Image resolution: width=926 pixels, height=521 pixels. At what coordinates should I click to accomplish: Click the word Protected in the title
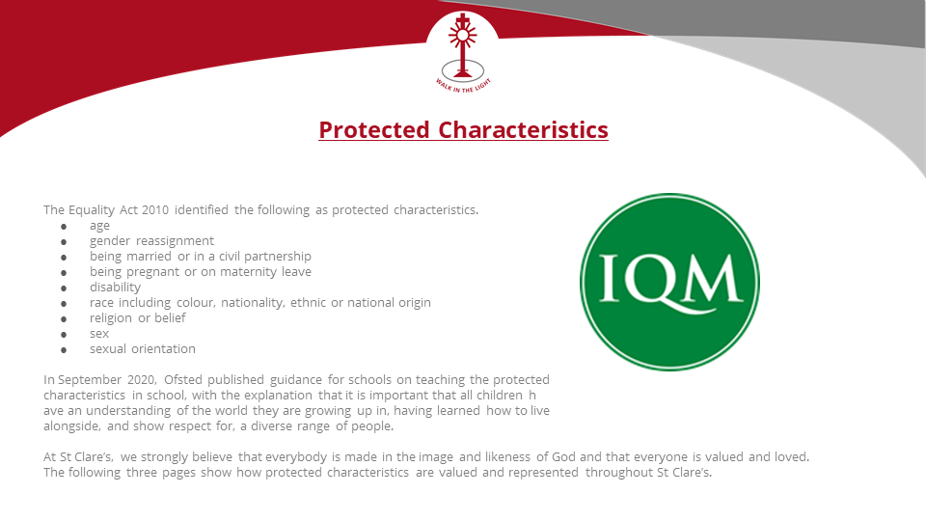374,130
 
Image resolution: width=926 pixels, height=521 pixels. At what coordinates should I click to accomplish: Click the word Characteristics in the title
523,130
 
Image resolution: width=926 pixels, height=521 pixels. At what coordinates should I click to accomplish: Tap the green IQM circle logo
669,283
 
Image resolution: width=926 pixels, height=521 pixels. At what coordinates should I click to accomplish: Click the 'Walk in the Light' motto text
463,86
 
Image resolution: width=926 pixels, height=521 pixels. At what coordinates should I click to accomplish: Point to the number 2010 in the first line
155,209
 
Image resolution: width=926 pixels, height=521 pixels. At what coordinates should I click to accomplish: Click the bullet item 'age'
99,226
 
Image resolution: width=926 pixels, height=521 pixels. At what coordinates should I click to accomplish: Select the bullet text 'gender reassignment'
151,241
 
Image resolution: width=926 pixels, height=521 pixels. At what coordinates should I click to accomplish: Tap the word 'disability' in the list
115,288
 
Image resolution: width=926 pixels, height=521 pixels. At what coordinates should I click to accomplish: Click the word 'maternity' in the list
248,272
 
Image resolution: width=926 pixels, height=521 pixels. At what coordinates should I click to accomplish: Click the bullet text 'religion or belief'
138,317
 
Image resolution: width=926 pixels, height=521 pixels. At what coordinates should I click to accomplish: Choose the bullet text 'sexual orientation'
143,348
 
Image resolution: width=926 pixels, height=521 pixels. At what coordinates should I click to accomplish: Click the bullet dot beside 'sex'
64,335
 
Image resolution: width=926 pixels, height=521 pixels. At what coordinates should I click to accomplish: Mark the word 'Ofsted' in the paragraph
183,379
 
